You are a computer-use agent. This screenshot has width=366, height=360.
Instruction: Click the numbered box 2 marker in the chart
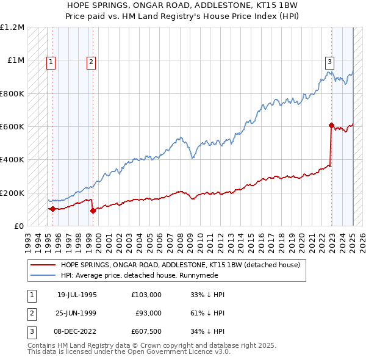coord(90,61)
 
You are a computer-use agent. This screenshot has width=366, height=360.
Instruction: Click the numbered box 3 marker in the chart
coord(329,61)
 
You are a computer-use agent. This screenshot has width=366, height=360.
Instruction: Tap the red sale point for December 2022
coord(331,126)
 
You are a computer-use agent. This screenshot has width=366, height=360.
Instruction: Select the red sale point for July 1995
coord(52,209)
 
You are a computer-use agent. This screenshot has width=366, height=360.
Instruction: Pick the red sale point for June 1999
coord(93,211)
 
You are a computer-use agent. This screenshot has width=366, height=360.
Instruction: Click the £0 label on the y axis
coord(19,226)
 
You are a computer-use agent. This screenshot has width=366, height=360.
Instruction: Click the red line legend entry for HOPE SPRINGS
coord(180,265)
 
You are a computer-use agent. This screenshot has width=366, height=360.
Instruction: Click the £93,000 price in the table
coord(148,313)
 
